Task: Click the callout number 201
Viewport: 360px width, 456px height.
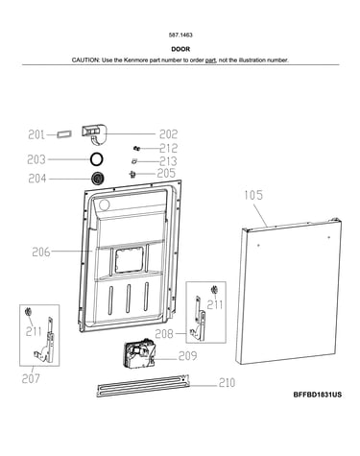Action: [x=36, y=134]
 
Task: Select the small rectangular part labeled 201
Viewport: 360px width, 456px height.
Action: [x=64, y=134]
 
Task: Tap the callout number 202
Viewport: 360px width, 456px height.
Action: [x=168, y=134]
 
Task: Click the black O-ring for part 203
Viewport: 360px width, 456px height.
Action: [x=96, y=159]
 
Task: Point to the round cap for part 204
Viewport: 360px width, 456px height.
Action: [x=98, y=178]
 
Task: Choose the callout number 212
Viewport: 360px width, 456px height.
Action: [x=169, y=148]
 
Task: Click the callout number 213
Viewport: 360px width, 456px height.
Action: [x=168, y=161]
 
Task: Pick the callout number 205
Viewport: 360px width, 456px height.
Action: [x=166, y=173]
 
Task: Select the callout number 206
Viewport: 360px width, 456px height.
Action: [x=41, y=252]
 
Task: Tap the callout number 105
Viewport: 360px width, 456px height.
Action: [x=253, y=195]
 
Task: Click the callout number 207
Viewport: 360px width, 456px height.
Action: [x=31, y=378]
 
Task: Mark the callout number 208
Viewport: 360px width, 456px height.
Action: [x=164, y=334]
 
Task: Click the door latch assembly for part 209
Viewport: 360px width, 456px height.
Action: [x=139, y=353]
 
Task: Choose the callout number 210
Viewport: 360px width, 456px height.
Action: [x=227, y=382]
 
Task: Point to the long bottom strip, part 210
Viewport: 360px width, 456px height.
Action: [x=143, y=386]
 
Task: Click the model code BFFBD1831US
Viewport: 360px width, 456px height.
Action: [x=318, y=395]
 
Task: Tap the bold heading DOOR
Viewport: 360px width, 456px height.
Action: [x=180, y=49]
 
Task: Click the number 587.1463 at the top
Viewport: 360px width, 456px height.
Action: [x=180, y=36]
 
